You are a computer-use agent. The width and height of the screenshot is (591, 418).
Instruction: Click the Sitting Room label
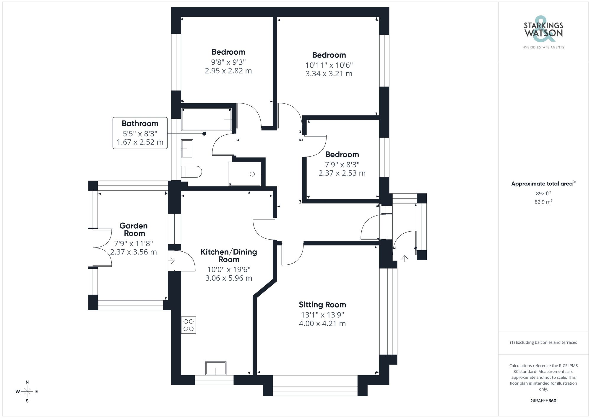(322, 305)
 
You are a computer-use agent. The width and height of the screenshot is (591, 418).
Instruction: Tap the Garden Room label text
(134, 230)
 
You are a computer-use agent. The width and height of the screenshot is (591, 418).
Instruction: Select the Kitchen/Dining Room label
(229, 256)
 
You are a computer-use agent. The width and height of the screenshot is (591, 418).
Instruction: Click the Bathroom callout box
(140, 133)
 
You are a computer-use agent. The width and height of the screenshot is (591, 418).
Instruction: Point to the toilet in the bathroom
(191, 172)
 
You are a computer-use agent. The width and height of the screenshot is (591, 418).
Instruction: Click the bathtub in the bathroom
(206, 119)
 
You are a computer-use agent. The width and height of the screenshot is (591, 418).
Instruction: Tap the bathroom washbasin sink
(187, 149)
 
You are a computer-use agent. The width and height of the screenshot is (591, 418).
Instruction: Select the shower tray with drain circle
(244, 174)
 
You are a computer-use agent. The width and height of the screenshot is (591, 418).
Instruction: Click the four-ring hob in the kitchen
(189, 325)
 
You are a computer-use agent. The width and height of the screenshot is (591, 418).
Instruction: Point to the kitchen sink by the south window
(216, 368)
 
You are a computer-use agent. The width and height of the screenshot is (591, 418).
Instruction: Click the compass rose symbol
(27, 392)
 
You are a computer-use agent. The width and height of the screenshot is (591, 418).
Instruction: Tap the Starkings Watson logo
(543, 31)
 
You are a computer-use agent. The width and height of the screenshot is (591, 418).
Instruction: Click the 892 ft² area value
(543, 193)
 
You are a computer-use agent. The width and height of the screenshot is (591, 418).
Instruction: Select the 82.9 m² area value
(543, 202)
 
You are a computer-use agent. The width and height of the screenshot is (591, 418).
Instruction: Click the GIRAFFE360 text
(543, 401)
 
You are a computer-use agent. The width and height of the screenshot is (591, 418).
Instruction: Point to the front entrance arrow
(405, 258)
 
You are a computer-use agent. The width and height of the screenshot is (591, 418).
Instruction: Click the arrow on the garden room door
(172, 261)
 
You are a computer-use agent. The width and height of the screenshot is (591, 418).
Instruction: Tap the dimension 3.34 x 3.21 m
(329, 74)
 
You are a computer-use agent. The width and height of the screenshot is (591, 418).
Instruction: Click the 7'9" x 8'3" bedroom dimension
(342, 165)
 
